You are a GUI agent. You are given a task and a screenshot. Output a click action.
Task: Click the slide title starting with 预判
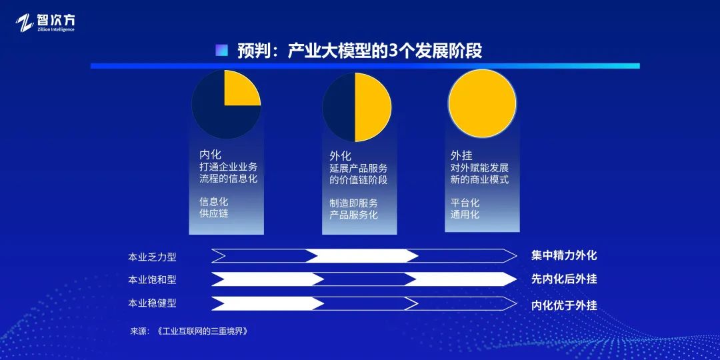[359, 51]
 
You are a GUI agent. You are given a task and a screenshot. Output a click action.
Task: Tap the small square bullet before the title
[222, 51]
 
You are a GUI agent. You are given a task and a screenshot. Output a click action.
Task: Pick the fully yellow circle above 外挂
[482, 104]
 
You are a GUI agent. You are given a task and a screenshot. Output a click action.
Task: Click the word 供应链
[214, 213]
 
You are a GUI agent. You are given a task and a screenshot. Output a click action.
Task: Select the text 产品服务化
[353, 215]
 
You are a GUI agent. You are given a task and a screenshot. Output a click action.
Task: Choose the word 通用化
[465, 215]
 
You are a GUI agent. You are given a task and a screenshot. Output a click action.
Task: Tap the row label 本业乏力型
[152, 256]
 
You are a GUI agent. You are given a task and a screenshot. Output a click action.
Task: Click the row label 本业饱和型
[152, 279]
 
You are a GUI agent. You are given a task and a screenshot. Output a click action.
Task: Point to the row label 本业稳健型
[152, 303]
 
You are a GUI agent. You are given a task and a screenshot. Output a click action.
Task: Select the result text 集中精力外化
[563, 255]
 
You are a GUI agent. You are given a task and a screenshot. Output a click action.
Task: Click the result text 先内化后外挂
[563, 279]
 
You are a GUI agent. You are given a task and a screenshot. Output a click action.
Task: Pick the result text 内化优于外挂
[563, 305]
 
